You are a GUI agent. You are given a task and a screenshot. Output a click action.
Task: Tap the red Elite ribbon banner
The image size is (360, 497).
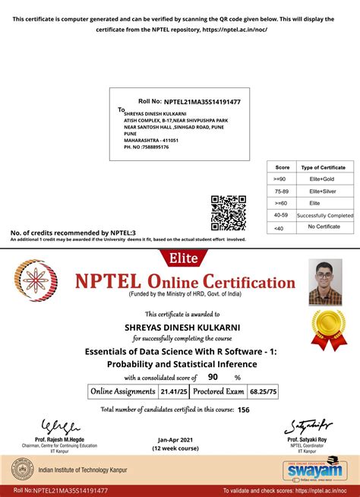point(180,258)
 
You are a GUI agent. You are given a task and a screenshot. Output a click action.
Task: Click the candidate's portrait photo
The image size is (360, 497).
point(325,282)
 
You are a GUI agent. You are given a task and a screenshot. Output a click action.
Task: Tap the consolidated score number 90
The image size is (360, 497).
point(213,377)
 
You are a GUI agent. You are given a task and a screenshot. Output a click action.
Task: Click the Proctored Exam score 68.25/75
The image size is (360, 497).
point(263,392)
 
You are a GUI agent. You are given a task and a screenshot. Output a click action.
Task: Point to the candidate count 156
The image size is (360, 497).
point(243,410)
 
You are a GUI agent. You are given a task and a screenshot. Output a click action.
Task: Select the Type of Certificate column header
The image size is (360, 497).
point(323,166)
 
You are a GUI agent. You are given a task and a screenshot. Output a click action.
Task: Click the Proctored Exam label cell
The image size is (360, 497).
point(218,392)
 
